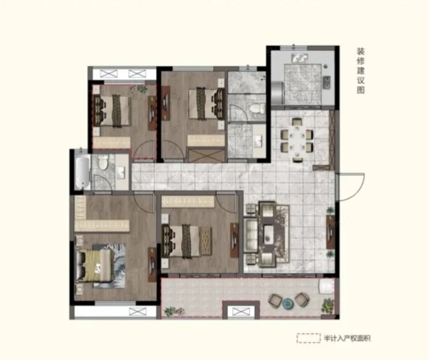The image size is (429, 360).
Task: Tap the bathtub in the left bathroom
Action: tap(82, 172)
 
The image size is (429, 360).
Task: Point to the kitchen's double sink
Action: tap(300, 58)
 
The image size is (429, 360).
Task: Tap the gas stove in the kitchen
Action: tap(327, 82)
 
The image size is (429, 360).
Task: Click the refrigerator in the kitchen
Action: tap(278, 93)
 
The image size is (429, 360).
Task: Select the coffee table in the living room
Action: tap(270, 232)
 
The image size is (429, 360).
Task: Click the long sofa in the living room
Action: tap(251, 236)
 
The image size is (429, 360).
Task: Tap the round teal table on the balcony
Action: tap(288, 303)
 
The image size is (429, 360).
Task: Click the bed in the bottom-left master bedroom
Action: tap(94, 266)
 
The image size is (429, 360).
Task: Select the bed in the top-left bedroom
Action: tap(112, 110)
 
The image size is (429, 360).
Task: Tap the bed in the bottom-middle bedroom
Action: tap(181, 241)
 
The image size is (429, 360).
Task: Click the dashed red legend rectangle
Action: tap(308, 338)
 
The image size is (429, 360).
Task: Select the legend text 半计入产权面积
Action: tap(347, 339)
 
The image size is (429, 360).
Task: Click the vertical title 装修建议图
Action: tap(360, 71)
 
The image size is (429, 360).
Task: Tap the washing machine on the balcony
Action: tap(327, 286)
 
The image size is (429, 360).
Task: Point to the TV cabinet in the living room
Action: tap(330, 232)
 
